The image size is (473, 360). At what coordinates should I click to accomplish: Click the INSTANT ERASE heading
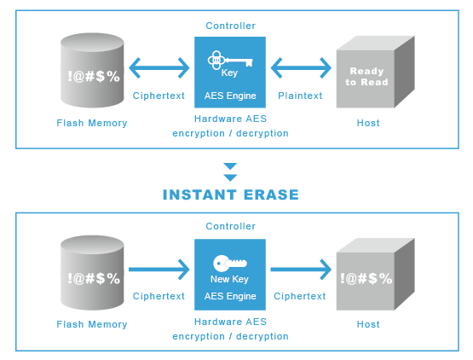230,195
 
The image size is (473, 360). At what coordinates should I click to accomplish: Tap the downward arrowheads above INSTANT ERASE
230,171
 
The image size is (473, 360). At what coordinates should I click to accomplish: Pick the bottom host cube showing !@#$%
368,276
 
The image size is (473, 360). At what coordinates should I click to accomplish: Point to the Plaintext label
300,96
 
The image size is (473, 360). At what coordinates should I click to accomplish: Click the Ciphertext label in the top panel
159,96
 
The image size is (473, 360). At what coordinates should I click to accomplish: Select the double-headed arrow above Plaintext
300,67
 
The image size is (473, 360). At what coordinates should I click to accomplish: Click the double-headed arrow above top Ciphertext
159,67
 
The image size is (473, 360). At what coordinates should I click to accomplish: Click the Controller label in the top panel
230,26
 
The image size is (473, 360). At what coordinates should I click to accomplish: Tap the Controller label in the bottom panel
230,226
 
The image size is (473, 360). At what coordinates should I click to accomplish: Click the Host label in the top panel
368,123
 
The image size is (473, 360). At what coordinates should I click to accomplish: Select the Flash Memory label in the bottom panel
92,324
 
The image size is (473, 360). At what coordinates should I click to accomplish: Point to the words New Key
230,280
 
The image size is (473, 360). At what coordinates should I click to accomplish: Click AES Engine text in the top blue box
230,96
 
